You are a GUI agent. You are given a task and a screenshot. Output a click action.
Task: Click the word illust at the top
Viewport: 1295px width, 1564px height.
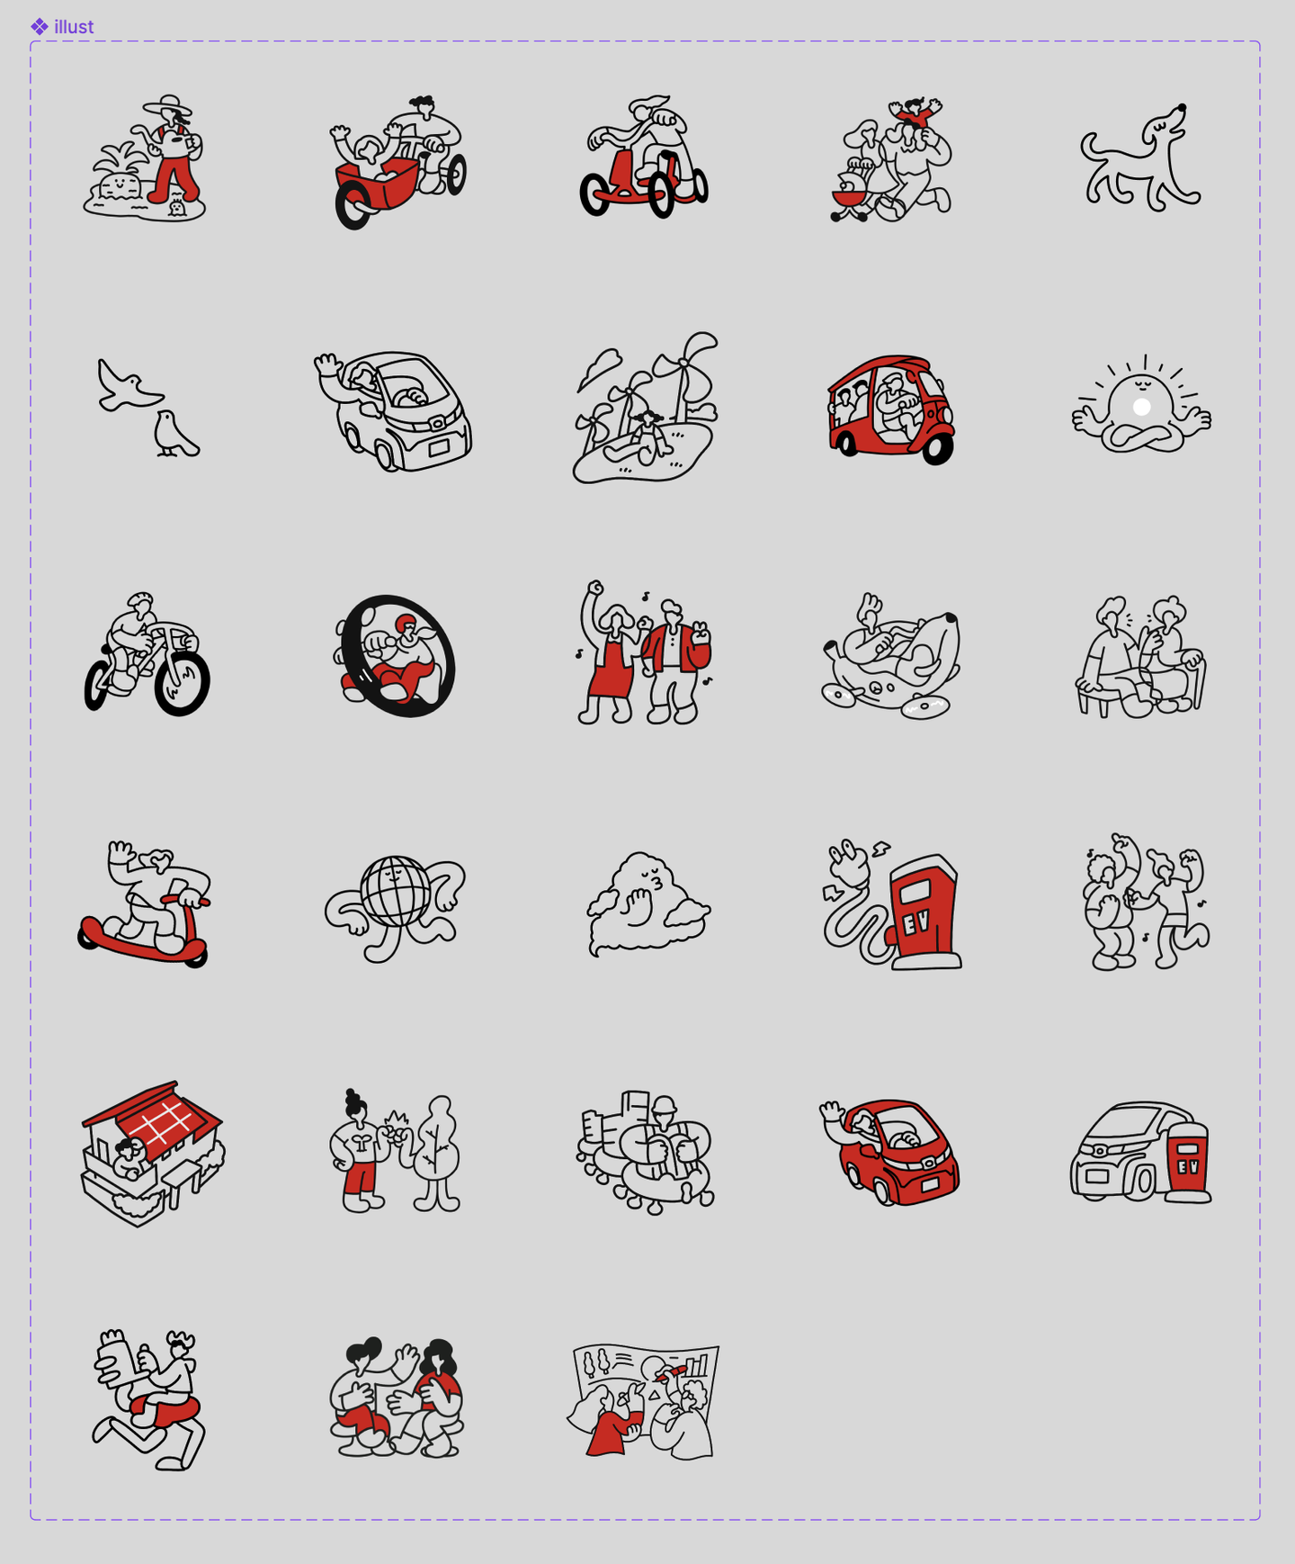[74, 27]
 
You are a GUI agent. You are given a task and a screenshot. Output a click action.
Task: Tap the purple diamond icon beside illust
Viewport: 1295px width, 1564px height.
[40, 27]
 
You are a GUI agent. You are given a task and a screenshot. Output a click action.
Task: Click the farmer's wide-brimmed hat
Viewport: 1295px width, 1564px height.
[168, 105]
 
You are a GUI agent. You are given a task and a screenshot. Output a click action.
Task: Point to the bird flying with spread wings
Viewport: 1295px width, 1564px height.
[129, 385]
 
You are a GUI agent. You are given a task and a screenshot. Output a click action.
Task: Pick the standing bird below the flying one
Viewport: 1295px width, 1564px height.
[174, 434]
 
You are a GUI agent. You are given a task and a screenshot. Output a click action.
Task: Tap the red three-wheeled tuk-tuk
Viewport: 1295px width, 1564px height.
[891, 409]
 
